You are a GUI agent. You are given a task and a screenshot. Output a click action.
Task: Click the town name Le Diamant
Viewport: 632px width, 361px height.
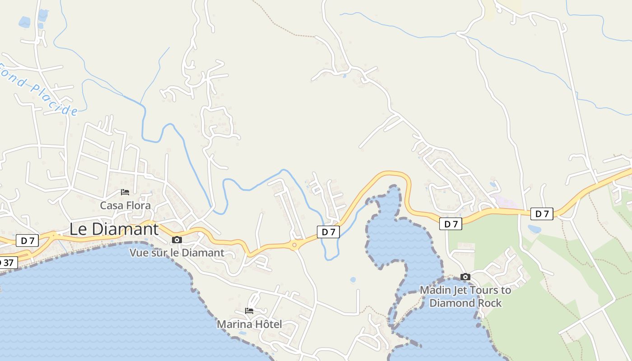114,229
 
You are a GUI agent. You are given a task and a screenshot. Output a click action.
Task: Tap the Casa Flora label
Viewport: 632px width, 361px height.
125,205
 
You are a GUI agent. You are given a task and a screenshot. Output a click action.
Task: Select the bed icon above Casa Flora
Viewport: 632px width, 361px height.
125,192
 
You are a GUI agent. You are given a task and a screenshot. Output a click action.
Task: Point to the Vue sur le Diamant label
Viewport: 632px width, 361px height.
177,253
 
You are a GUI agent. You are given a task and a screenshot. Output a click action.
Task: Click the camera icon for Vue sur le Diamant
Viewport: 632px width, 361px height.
177,240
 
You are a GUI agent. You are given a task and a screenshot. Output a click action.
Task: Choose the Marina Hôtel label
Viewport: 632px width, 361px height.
249,324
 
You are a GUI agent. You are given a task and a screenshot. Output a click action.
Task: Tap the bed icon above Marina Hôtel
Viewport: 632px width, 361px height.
249,311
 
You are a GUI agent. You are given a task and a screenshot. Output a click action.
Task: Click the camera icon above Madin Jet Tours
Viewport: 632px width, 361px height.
465,277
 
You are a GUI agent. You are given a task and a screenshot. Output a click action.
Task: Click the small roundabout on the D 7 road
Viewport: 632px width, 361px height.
294,245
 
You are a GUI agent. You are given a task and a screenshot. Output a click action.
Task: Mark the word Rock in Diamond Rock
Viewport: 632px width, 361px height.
488,303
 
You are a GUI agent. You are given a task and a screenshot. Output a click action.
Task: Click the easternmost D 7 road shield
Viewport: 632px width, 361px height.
542,214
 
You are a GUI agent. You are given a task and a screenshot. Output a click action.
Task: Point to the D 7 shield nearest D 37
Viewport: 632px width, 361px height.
28,241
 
